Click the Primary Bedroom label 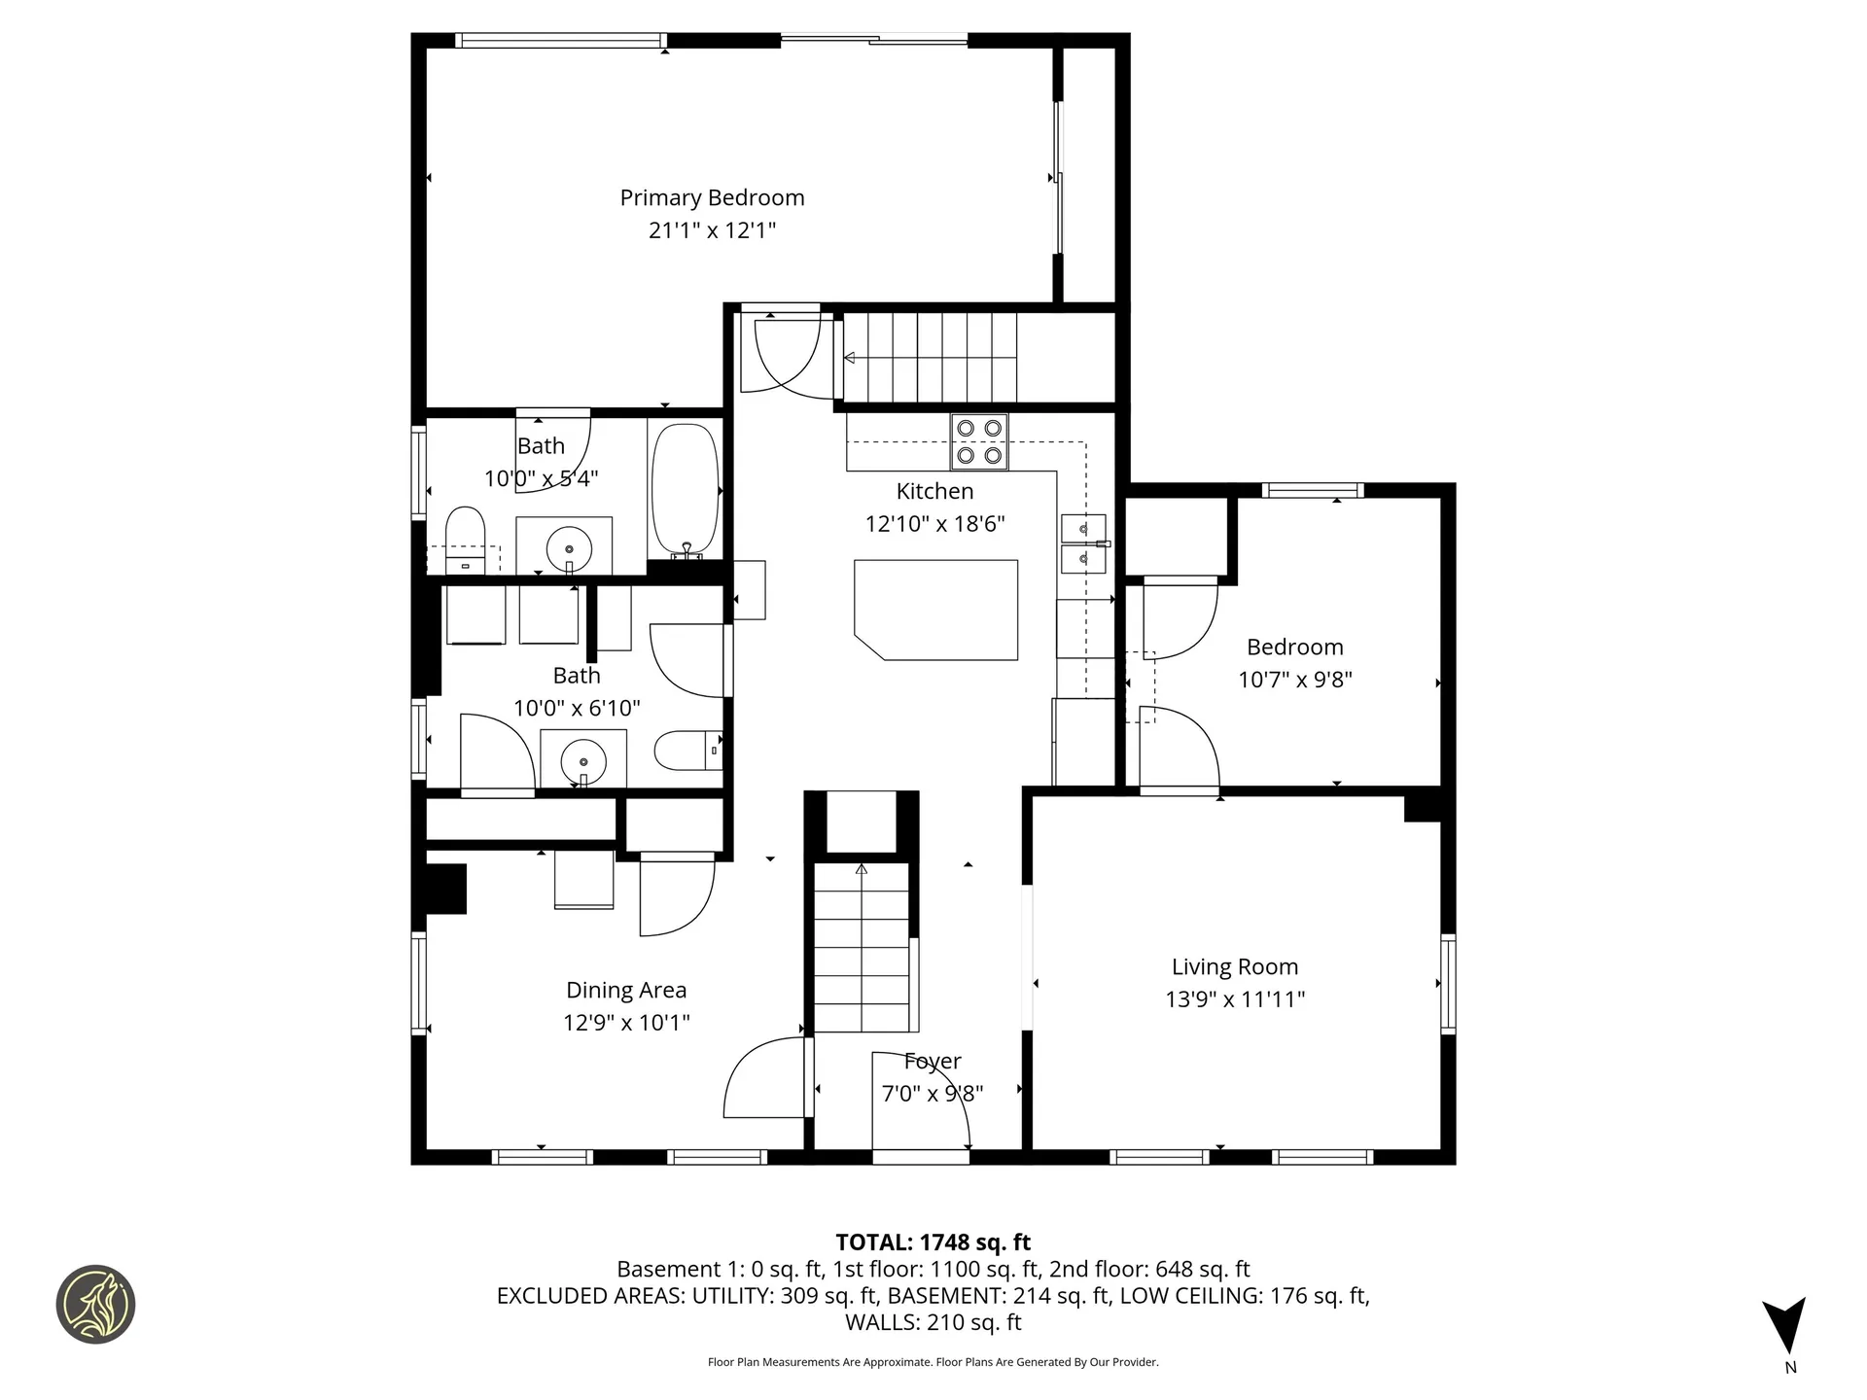(x=712, y=198)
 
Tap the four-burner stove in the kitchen (x=979, y=441)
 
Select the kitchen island (x=935, y=610)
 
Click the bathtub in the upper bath (x=685, y=488)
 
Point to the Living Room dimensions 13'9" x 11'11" (x=1235, y=999)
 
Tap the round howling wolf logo (x=95, y=1305)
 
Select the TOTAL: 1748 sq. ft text (x=933, y=1242)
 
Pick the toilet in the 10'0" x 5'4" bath (x=465, y=539)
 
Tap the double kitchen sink (x=1082, y=543)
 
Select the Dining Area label (x=626, y=991)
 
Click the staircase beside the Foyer (x=862, y=948)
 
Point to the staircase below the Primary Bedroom (x=929, y=357)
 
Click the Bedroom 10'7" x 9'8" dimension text (x=1294, y=680)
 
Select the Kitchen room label (x=934, y=492)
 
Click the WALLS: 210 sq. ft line (x=933, y=1322)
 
